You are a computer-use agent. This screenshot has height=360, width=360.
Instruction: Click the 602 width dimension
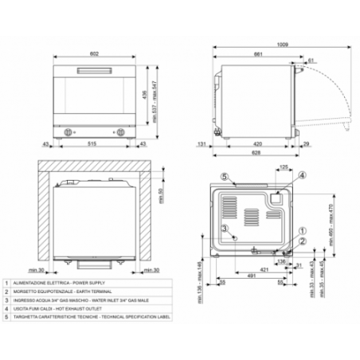(x=94, y=53)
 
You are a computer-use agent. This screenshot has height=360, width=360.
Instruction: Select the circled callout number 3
(x=225, y=228)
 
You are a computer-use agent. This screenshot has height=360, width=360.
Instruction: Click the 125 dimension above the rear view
(x=284, y=167)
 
